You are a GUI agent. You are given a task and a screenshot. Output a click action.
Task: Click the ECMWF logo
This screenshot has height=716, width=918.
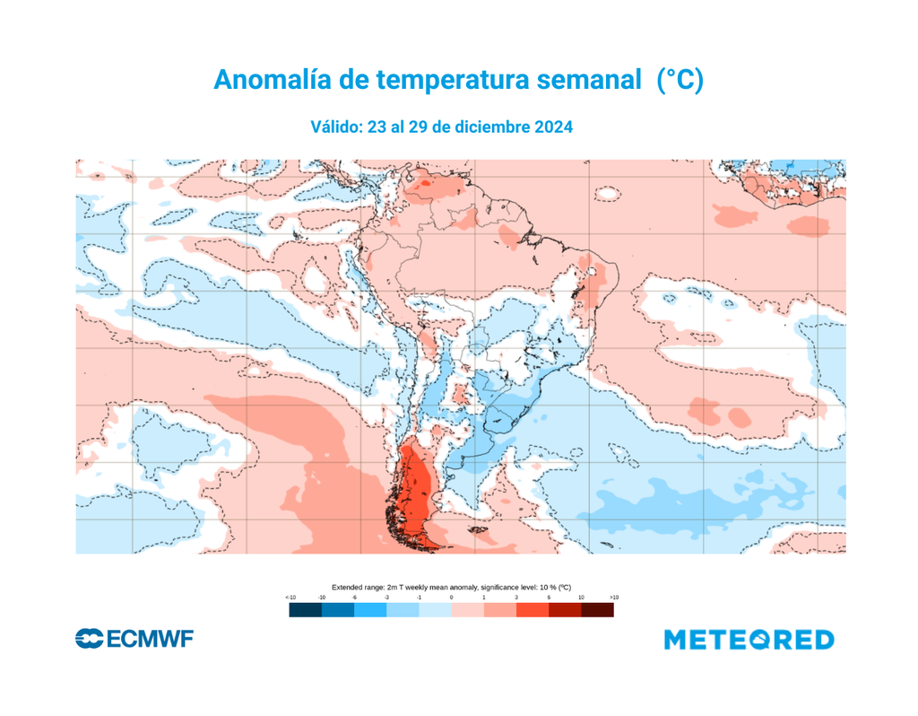[x=134, y=640]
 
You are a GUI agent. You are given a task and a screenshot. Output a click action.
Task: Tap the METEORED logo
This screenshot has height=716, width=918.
[x=749, y=640]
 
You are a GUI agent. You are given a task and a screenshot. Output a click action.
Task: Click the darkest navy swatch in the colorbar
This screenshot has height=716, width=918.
[x=305, y=610]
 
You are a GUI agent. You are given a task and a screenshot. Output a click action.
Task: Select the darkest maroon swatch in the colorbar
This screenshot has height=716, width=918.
[x=598, y=610]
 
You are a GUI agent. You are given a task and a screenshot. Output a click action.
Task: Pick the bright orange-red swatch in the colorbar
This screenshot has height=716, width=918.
[x=533, y=610]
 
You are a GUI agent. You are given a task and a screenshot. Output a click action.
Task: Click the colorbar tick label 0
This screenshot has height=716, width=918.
[x=452, y=597]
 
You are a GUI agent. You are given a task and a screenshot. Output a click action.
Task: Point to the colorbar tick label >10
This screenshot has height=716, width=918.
[x=613, y=597]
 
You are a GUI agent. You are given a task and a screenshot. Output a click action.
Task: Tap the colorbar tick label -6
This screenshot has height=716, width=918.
[x=354, y=597]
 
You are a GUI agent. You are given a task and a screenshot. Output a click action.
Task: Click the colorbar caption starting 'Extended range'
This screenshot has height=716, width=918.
[x=452, y=585]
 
